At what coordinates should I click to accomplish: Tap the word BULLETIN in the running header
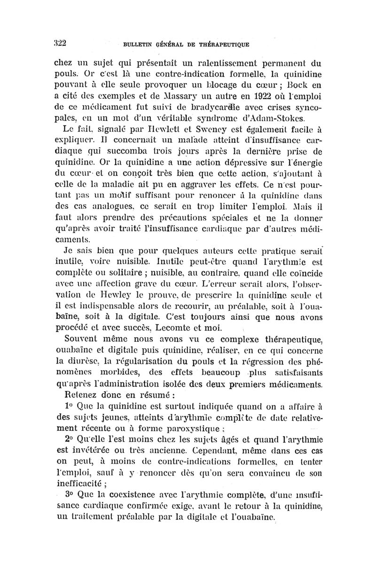coord(137,45)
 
